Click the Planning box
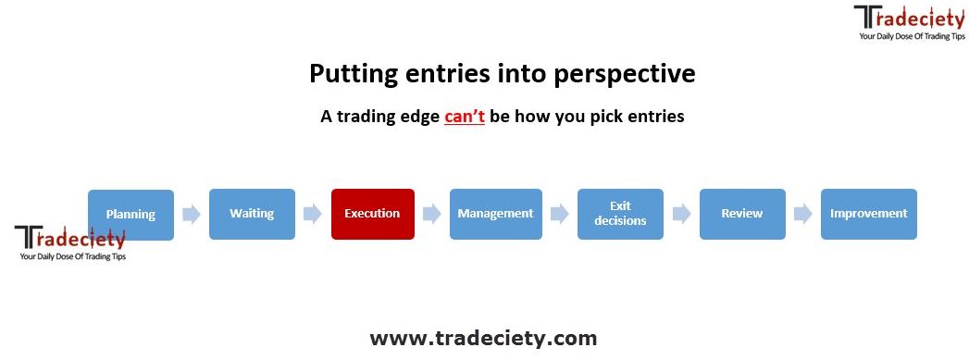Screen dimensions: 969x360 [x=131, y=215]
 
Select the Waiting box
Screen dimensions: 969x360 [x=252, y=215]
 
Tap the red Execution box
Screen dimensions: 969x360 [x=373, y=215]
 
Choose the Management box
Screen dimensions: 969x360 [x=496, y=215]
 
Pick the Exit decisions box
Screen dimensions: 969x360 [x=620, y=215]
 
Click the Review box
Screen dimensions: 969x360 [x=742, y=215]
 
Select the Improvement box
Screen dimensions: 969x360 [x=869, y=215]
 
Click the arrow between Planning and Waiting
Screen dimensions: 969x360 [x=192, y=215]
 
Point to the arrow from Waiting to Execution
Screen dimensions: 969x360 [x=313, y=215]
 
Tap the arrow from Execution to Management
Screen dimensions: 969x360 [x=432, y=215]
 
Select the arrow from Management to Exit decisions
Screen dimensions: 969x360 [x=560, y=215]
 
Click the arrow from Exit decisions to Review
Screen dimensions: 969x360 [x=682, y=215]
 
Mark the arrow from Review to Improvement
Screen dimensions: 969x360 [x=803, y=215]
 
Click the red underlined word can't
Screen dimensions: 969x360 [x=464, y=117]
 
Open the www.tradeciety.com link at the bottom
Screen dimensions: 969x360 [x=483, y=339]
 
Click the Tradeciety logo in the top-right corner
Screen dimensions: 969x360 [x=909, y=23]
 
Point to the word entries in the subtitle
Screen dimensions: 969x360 [x=655, y=117]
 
